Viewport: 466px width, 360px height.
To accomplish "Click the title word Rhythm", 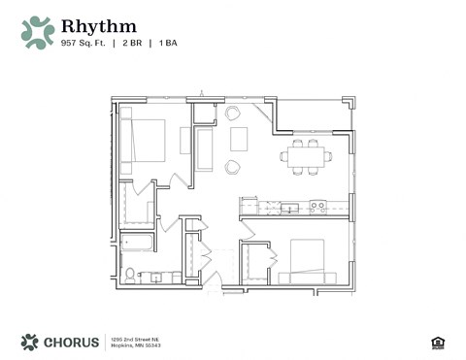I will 98,25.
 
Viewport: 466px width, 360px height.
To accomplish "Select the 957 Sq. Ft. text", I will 83,43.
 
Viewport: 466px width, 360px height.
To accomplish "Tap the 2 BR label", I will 132,43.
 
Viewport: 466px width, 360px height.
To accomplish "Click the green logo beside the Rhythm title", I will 38,32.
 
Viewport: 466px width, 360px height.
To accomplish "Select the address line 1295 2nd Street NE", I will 134,337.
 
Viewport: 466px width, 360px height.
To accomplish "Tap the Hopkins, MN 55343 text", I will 135,344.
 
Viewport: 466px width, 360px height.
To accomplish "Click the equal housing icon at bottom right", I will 437,342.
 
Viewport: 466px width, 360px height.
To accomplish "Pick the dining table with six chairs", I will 306,155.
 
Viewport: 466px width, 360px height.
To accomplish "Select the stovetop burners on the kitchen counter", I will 317,206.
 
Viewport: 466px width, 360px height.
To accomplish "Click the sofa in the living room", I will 205,149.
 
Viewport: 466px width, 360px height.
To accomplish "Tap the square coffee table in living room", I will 239,140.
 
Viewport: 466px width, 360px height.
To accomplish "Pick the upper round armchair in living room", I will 233,114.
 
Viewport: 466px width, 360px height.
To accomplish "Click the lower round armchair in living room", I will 233,167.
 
